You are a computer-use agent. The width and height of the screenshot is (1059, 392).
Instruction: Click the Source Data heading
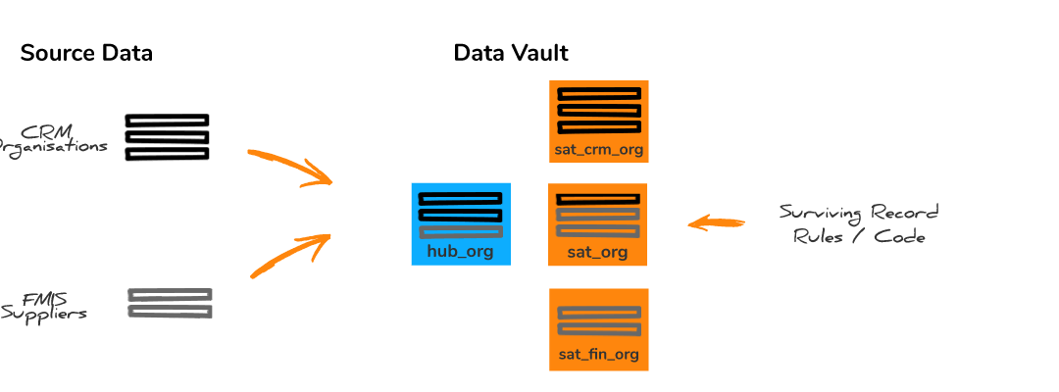point(86,53)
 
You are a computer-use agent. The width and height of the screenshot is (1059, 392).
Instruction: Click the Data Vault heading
point(511,53)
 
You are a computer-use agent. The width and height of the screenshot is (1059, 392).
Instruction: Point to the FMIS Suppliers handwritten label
point(45,306)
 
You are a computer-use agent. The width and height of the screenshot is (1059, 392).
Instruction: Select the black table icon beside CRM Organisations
point(167,137)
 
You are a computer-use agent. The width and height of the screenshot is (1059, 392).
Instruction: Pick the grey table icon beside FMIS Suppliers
point(170,303)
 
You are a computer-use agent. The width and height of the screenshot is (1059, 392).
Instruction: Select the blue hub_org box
point(460,223)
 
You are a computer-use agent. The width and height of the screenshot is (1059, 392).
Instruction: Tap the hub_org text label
point(460,251)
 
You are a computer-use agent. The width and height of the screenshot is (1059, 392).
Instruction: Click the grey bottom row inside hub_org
point(460,232)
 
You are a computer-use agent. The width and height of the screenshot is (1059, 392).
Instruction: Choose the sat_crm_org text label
point(598,150)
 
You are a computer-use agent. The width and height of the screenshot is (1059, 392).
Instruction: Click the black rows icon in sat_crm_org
point(598,111)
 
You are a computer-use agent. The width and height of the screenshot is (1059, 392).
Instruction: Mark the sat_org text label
point(597,252)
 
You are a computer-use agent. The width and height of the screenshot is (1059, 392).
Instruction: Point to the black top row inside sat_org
point(598,199)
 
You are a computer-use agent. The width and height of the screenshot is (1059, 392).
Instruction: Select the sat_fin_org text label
point(598,355)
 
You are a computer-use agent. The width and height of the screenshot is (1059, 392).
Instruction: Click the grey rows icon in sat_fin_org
point(598,320)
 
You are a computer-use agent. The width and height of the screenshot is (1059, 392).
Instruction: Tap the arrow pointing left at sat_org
point(714,223)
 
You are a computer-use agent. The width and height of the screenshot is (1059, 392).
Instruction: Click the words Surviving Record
point(858,213)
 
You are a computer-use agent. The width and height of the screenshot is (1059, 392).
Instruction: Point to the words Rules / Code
point(859,236)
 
